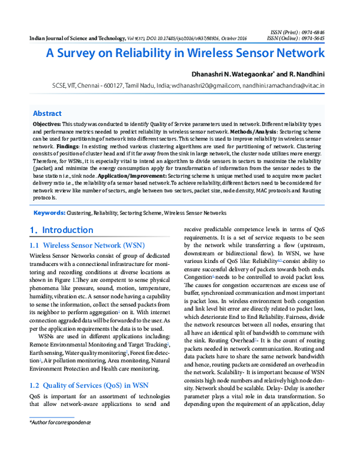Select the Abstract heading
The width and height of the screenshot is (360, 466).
coord(47,113)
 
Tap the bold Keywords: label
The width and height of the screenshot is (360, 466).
coord(49,213)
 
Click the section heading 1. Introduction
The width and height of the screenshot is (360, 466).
coord(62,230)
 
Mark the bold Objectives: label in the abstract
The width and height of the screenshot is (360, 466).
coord(47,123)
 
